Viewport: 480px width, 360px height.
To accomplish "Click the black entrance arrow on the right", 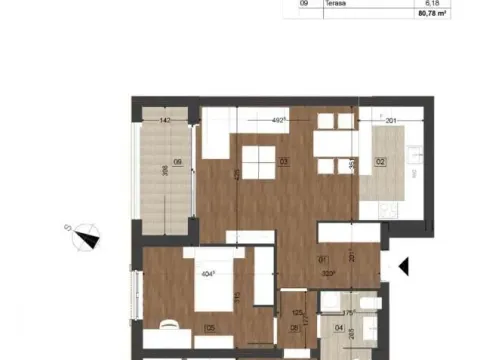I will [404, 266].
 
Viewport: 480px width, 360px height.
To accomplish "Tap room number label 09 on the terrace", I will [178, 163].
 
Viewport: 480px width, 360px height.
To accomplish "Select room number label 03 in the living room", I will [284, 161].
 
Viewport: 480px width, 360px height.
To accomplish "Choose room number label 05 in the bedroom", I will [210, 326].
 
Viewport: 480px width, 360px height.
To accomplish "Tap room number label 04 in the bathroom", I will [338, 326].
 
